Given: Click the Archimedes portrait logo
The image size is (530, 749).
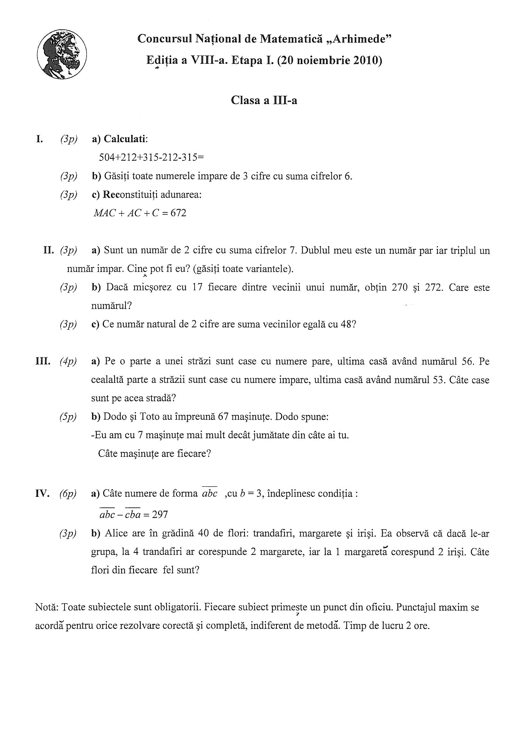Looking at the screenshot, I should click(62, 54).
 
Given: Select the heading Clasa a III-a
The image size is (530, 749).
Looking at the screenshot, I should click(264, 100).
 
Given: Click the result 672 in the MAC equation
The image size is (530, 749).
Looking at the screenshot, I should click(178, 213).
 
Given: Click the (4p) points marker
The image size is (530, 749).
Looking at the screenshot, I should click(68, 361).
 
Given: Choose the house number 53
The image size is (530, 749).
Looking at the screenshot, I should click(436, 380).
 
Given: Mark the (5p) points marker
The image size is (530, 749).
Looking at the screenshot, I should click(68, 417).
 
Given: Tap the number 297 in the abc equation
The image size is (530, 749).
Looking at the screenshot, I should click(160, 515).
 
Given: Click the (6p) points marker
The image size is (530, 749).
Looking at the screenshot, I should click(68, 494).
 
